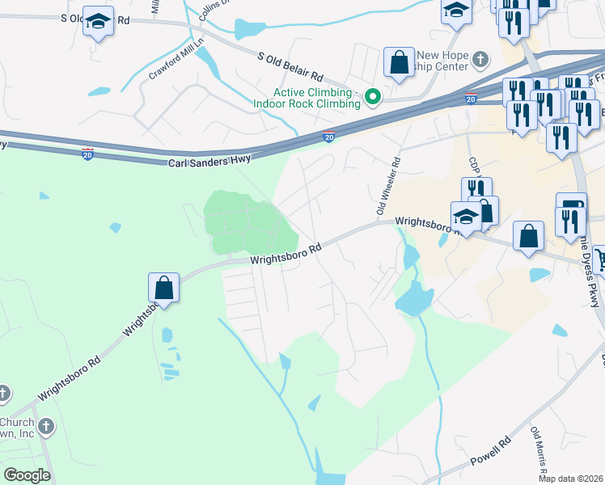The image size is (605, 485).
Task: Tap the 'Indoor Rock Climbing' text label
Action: pos(307,103)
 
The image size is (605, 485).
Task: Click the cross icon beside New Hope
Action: pos(481,59)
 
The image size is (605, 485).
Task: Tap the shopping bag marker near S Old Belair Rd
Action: pos(399,61)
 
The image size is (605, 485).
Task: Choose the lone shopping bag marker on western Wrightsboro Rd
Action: pos(163,287)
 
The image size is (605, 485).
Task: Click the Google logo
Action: pos(27,474)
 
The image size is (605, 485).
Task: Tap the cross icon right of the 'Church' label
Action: pos(47,425)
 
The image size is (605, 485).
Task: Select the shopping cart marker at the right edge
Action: pos(599,259)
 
